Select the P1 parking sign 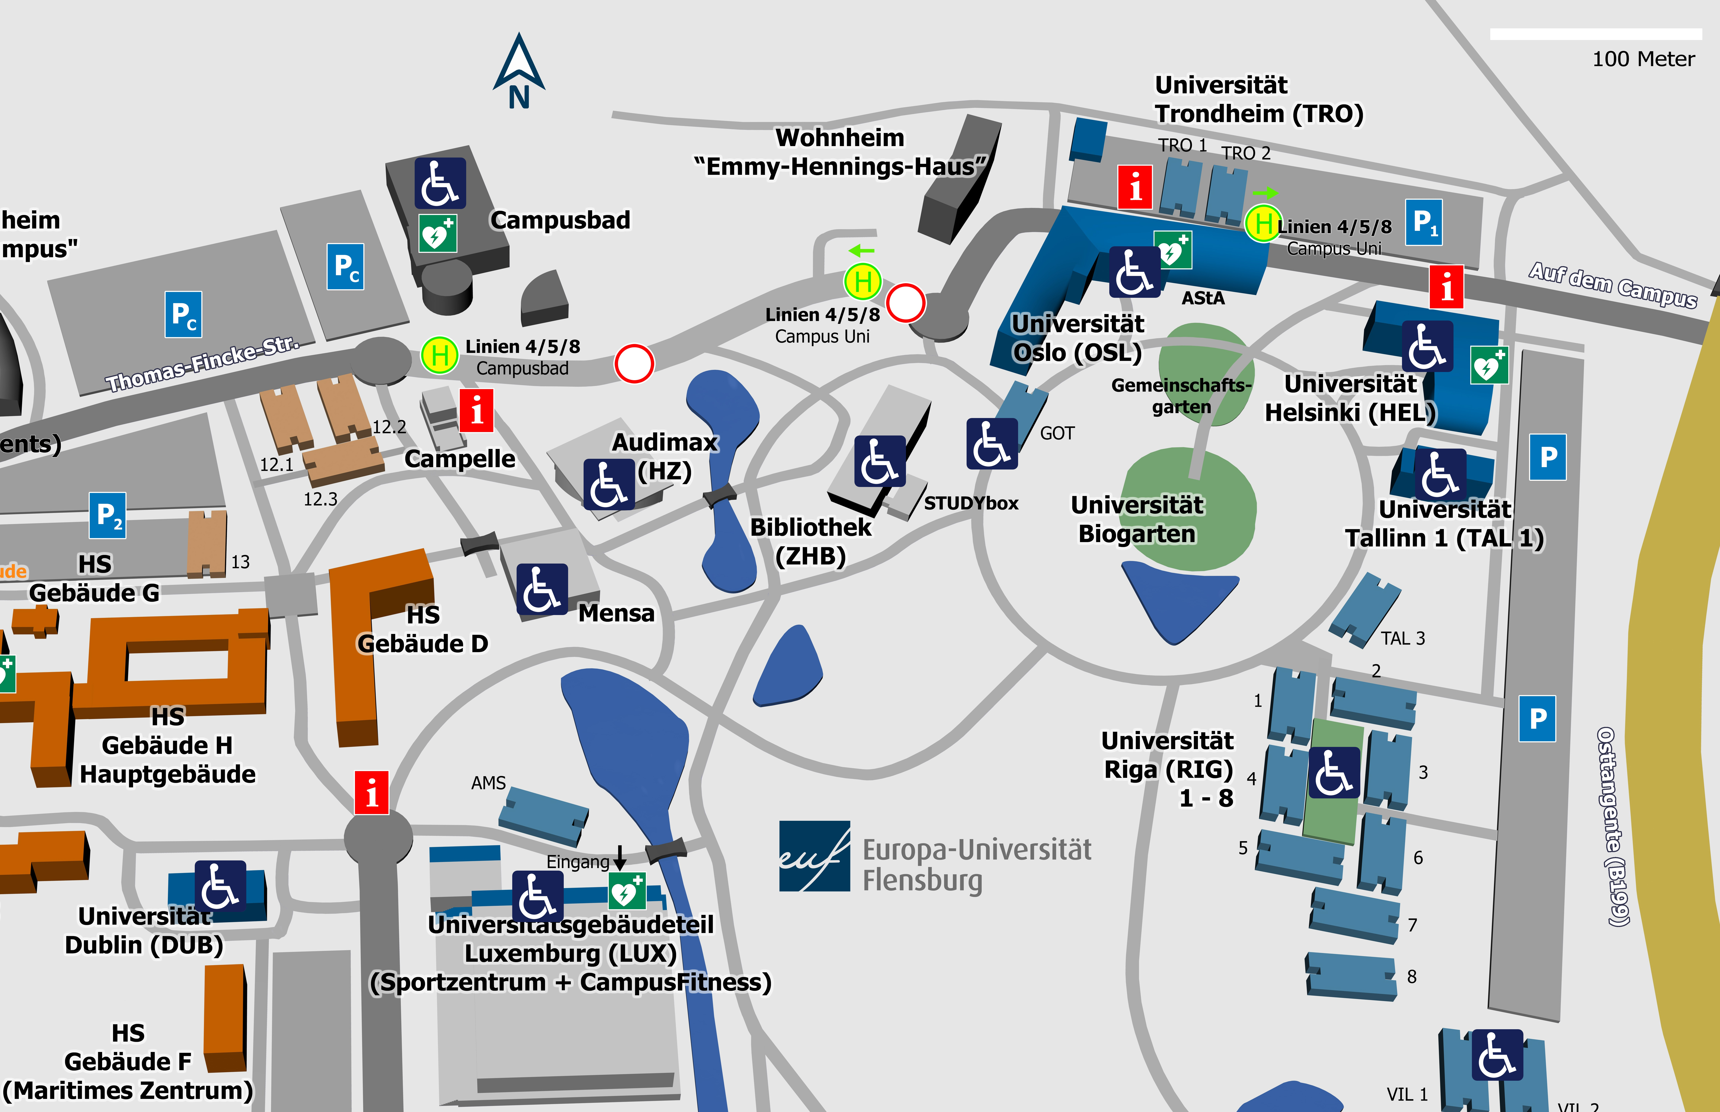[1423, 222]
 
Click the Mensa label [616, 613]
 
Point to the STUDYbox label [971, 503]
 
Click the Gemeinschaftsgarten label [1181, 396]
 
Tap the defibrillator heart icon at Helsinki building [1489, 365]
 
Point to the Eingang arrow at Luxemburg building [619, 857]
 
